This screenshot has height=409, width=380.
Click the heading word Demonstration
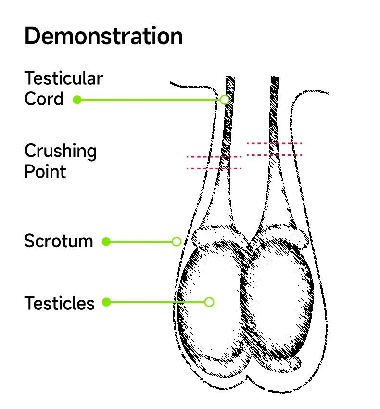[x=103, y=37]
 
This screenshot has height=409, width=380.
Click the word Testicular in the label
[x=63, y=78]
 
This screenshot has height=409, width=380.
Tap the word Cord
[x=44, y=99]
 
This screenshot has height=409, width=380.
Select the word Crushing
[x=61, y=152]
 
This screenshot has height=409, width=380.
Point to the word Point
[x=45, y=171]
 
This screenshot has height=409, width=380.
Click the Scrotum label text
[x=59, y=241]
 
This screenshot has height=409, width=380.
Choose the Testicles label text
[x=59, y=303]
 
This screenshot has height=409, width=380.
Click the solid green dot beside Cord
[x=77, y=100]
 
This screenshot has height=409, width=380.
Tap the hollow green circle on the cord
[x=224, y=100]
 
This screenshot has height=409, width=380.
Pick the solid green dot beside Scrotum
[x=106, y=242]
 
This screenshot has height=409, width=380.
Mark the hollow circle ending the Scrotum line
[x=177, y=242]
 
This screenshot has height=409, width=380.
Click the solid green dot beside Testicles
[x=106, y=302]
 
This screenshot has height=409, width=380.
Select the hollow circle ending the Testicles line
[x=209, y=302]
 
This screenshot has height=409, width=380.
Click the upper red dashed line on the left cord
[x=214, y=157]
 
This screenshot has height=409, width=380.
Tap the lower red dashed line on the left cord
[x=214, y=168]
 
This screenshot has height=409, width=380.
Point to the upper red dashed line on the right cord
[x=274, y=143]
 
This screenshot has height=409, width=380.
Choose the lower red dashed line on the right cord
[x=274, y=155]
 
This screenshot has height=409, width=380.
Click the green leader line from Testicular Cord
[x=149, y=100]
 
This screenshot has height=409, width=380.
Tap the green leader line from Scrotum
[x=139, y=242]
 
